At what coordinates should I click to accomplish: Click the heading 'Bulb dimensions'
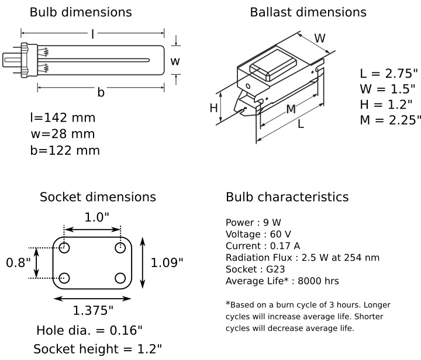(x=81, y=12)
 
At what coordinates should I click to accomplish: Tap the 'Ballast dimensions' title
(x=308, y=12)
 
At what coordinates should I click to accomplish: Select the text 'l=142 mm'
(x=63, y=118)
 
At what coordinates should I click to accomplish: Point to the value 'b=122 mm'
(x=65, y=151)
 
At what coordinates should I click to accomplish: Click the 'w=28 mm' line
(x=62, y=134)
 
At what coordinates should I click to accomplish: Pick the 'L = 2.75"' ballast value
(x=389, y=74)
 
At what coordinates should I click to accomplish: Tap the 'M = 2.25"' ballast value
(x=390, y=120)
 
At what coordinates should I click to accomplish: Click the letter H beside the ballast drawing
(x=214, y=108)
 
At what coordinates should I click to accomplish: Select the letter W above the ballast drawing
(x=320, y=39)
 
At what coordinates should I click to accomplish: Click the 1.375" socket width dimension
(x=92, y=309)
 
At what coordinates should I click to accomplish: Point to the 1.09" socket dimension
(x=167, y=262)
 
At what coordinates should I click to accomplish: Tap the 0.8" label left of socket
(x=18, y=262)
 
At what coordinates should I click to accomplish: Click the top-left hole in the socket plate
(x=64, y=247)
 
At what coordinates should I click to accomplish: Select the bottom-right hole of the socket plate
(x=120, y=278)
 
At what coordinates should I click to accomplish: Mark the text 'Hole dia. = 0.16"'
(x=89, y=330)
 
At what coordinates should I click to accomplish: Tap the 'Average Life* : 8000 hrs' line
(x=282, y=281)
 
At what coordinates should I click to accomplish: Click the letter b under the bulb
(x=101, y=93)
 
